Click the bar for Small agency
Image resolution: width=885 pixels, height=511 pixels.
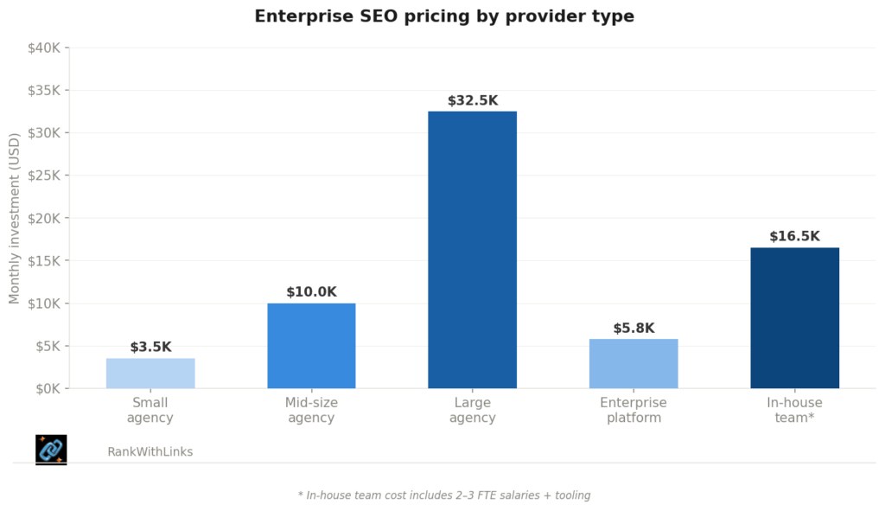pyautogui.click(x=150, y=373)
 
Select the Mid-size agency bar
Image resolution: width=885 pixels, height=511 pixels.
pyautogui.click(x=311, y=345)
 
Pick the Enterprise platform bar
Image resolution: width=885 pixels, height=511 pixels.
pyautogui.click(x=634, y=363)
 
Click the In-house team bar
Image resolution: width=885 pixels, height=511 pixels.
pyautogui.click(x=794, y=317)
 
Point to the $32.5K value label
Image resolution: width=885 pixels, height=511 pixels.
pyautogui.click(x=472, y=100)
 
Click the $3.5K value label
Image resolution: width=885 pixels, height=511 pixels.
pyautogui.click(x=150, y=347)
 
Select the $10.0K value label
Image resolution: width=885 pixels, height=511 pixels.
pyautogui.click(x=311, y=292)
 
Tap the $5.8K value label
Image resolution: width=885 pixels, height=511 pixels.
pyautogui.click(x=634, y=328)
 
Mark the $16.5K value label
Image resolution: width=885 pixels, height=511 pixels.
pyautogui.click(x=794, y=236)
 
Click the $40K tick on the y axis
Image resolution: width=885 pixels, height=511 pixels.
pyautogui.click(x=43, y=48)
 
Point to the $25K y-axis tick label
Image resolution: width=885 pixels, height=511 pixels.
pyautogui.click(x=43, y=176)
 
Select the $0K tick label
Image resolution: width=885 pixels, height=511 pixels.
pyautogui.click(x=47, y=388)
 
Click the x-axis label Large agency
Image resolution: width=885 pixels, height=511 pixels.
pyautogui.click(x=472, y=410)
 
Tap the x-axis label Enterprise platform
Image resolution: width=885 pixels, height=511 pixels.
pyautogui.click(x=634, y=410)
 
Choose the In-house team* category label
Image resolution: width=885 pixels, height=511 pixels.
pyautogui.click(x=794, y=410)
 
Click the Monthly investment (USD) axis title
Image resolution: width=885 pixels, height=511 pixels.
pyautogui.click(x=15, y=218)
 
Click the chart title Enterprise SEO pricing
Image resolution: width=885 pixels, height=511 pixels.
pyautogui.click(x=443, y=16)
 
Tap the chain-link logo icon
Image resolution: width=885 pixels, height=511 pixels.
pyautogui.click(x=51, y=450)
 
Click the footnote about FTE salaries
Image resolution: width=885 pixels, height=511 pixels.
pyautogui.click(x=443, y=495)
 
